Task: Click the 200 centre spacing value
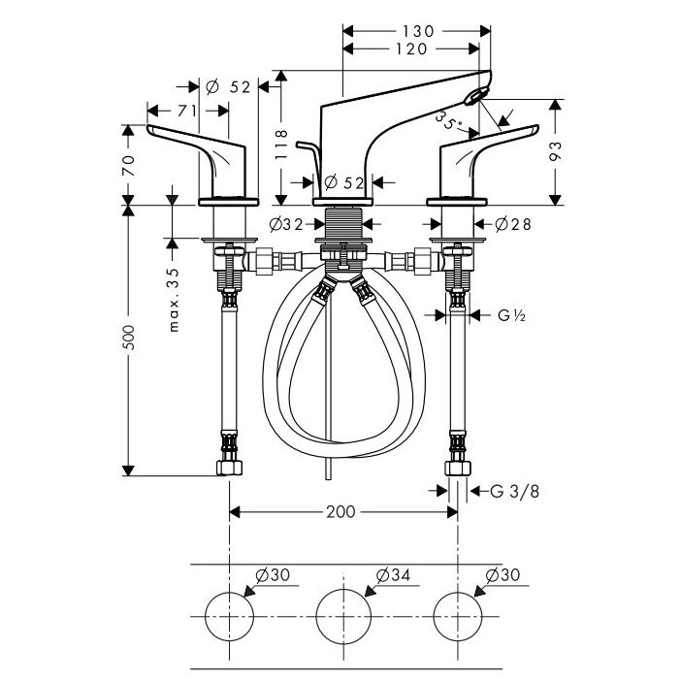(340, 511)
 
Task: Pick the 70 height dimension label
(129, 163)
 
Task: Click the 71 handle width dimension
(186, 111)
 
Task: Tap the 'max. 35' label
(175, 298)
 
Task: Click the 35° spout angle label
(449, 121)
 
